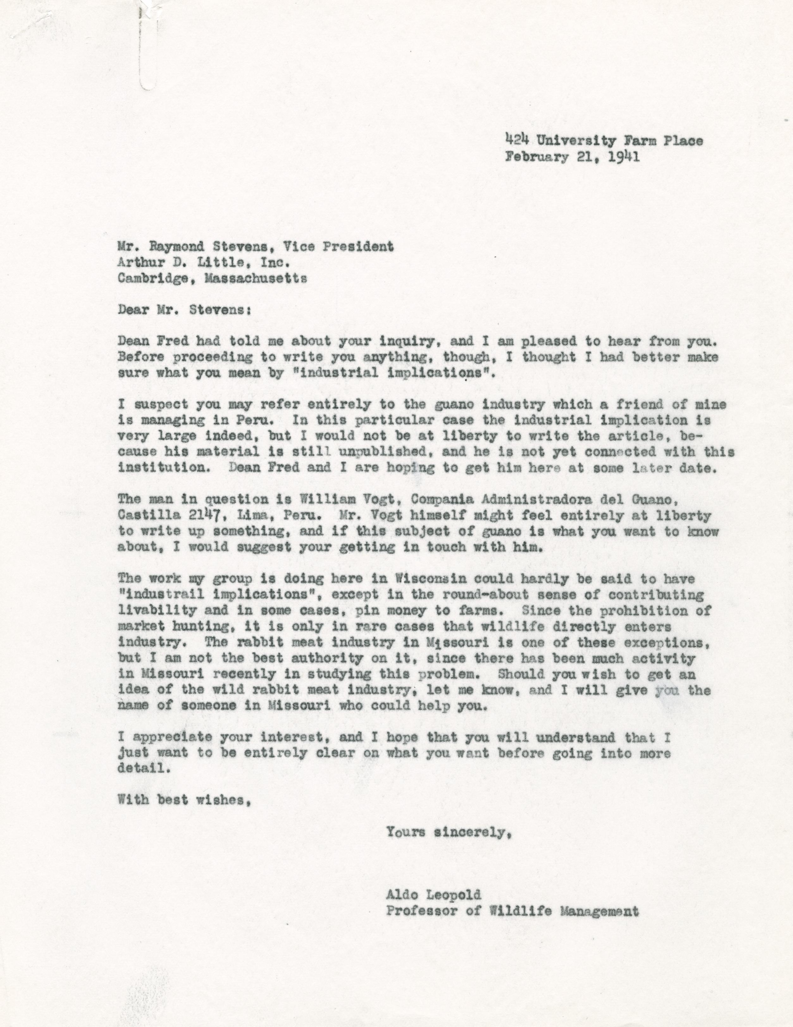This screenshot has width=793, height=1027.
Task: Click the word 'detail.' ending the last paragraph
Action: (x=141, y=769)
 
